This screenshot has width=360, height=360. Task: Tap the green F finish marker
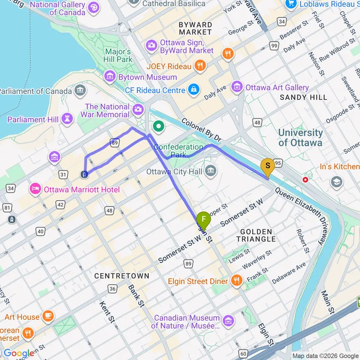204,221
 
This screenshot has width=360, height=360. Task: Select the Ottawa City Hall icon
210,171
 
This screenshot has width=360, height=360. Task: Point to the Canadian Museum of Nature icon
228,320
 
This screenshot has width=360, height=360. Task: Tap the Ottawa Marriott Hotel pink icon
36,189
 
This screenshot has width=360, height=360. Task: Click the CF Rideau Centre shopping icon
193,90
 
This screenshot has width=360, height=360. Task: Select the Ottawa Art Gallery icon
237,87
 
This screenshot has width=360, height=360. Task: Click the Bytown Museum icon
110,76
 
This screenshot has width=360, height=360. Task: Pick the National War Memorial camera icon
138,110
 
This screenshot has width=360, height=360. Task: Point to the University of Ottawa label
300,137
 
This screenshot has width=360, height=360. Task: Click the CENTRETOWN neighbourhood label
122,276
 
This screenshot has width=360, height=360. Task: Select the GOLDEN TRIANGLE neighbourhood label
255,235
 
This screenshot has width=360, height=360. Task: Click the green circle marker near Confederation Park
158,127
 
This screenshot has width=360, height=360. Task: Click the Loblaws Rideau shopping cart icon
290,4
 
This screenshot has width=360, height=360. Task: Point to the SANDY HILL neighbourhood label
303,97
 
